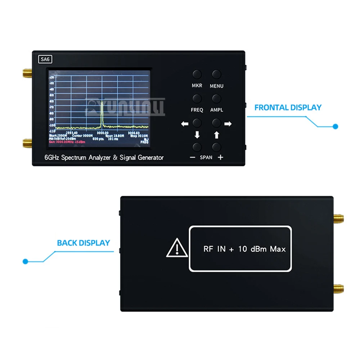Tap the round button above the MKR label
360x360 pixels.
coord(197,75)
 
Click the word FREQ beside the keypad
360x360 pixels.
coord(197,110)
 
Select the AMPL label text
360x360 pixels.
coord(217,110)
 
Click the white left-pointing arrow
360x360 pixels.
coord(185,124)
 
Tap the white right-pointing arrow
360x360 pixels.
coord(228,124)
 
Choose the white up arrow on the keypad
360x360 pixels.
coord(216,135)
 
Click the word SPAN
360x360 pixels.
coord(206,157)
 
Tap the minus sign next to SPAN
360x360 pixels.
coord(193,157)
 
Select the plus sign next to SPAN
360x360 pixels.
coord(220,157)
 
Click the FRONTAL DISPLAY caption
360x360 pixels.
coord(288,107)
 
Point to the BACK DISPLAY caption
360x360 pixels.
coord(83,243)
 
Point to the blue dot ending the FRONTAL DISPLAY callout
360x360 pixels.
coord(336,127)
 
